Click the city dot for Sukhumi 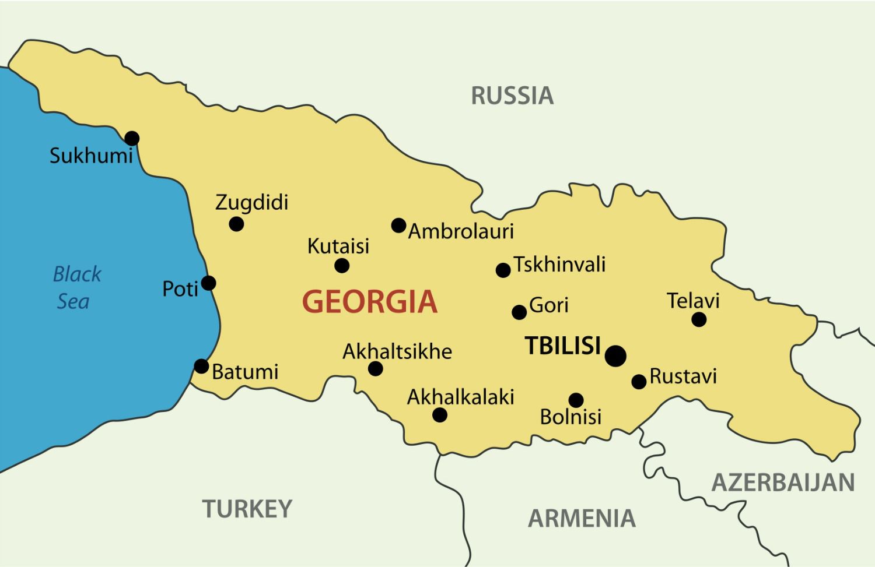pyautogui.click(x=132, y=138)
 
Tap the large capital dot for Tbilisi pyautogui.click(x=615, y=355)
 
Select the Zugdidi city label pyautogui.click(x=252, y=203)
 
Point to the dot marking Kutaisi pyautogui.click(x=342, y=266)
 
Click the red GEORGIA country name pyautogui.click(x=370, y=302)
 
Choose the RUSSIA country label pyautogui.click(x=512, y=96)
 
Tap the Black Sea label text pyautogui.click(x=76, y=288)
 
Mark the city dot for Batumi pyautogui.click(x=201, y=366)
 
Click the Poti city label pyautogui.click(x=180, y=288)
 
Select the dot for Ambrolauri pyautogui.click(x=398, y=226)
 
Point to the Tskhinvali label pyautogui.click(x=559, y=265)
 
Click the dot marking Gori pyautogui.click(x=519, y=312)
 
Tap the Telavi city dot pyautogui.click(x=699, y=319)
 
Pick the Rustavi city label pyautogui.click(x=683, y=376)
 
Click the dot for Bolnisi pyautogui.click(x=576, y=400)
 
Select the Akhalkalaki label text pyautogui.click(x=460, y=397)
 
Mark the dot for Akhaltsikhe pyautogui.click(x=376, y=368)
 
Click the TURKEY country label pyautogui.click(x=247, y=509)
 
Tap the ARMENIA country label pyautogui.click(x=582, y=518)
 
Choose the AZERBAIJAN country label pyautogui.click(x=783, y=483)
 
